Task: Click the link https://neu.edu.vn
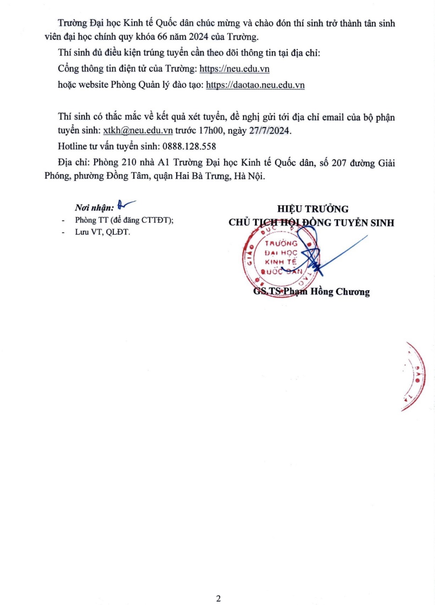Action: [x=234, y=69]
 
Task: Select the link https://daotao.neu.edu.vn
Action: [x=255, y=85]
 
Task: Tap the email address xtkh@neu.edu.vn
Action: [x=138, y=130]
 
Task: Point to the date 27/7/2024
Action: [x=269, y=130]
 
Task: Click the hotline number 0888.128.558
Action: [x=189, y=146]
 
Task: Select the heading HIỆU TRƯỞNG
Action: [x=313, y=209]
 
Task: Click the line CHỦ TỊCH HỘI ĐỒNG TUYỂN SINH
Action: [x=311, y=223]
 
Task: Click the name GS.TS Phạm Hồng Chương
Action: [x=311, y=291]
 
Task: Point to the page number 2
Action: [x=218, y=598]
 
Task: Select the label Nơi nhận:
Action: [x=94, y=208]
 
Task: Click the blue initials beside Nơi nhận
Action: [x=125, y=204]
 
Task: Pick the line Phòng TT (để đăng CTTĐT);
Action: [x=124, y=220]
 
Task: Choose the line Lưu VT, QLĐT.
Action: [x=102, y=232]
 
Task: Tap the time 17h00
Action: [x=211, y=130]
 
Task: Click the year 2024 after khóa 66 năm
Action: [x=198, y=37]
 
